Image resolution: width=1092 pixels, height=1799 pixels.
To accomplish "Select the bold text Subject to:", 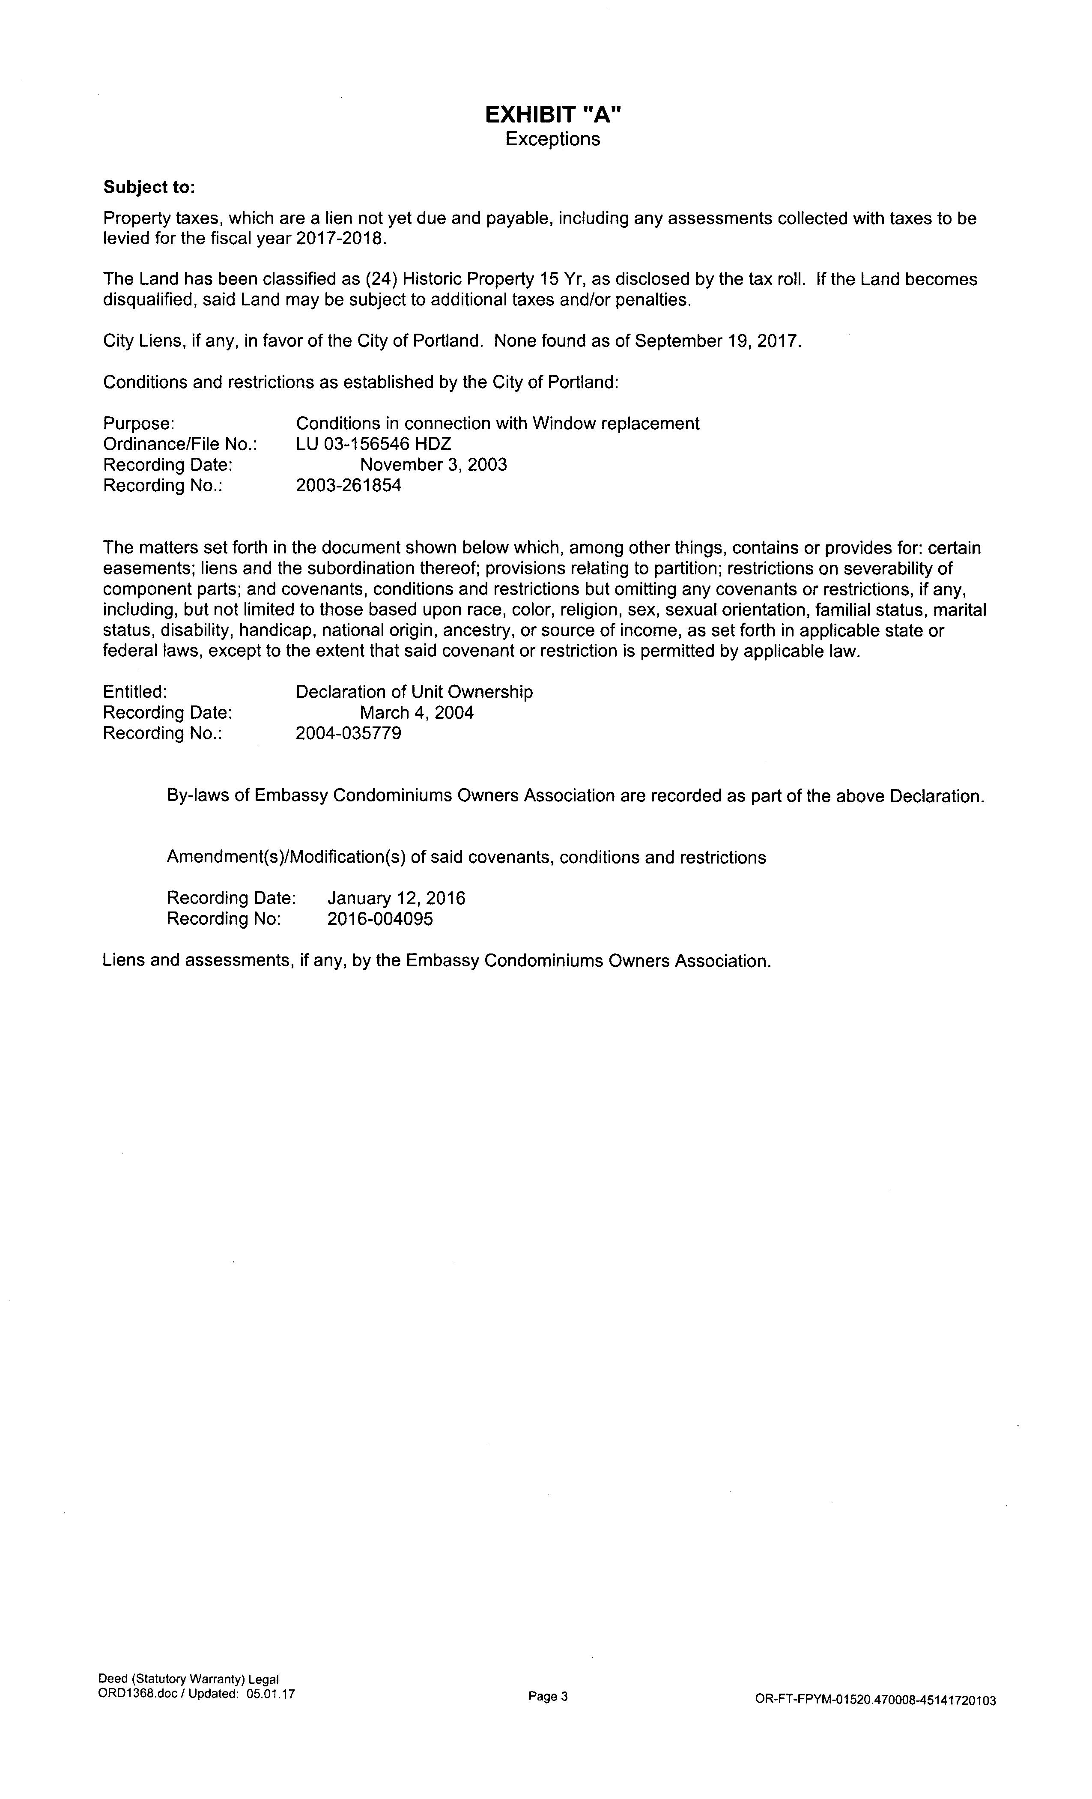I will click(149, 188).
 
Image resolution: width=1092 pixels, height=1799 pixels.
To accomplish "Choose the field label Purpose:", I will click(139, 424).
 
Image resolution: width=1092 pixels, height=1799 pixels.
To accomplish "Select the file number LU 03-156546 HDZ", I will click(373, 444).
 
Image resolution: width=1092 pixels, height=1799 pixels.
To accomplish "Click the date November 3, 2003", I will click(433, 464).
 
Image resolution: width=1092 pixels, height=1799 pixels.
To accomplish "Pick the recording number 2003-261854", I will click(348, 485).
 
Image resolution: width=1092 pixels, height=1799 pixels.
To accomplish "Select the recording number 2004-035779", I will click(348, 732).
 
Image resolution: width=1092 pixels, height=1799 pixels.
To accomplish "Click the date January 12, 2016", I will click(397, 898).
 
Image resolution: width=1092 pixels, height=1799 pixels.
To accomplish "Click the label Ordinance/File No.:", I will click(179, 444).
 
